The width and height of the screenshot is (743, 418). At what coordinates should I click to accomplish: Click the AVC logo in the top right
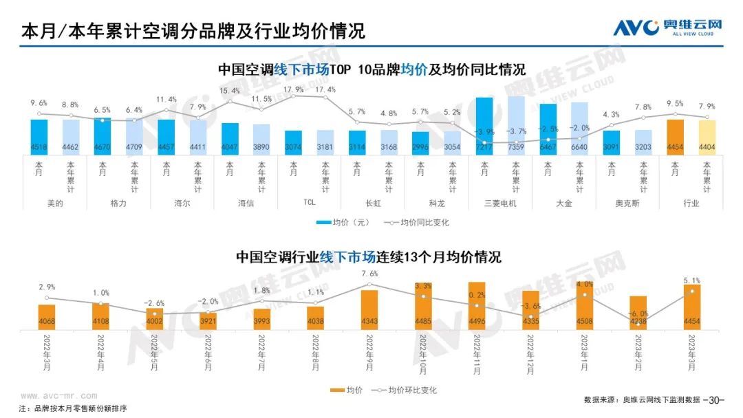667,27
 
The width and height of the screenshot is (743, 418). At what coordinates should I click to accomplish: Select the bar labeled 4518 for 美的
39,137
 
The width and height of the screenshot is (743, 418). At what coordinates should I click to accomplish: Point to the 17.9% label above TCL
294,90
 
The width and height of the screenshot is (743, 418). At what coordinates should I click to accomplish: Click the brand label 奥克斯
626,203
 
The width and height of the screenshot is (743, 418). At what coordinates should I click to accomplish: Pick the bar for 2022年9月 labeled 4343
369,310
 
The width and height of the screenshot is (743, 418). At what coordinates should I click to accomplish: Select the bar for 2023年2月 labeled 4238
638,313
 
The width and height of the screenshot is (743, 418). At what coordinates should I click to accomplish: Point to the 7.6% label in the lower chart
369,274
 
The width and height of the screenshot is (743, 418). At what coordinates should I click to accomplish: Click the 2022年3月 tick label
47,354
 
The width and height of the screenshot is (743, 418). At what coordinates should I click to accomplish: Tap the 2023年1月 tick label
584,354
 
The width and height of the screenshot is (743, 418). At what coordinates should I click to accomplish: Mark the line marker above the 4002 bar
154,313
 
